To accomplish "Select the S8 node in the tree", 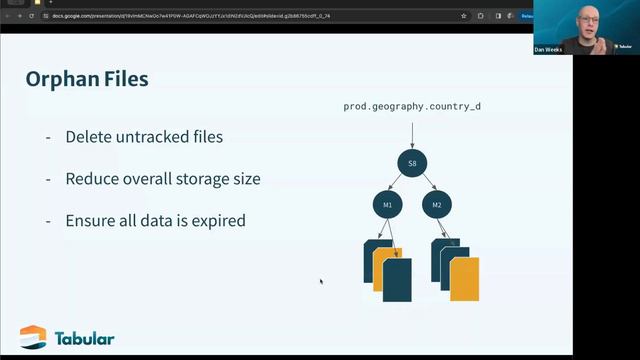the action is [x=412, y=163].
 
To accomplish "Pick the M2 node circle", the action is [x=437, y=205].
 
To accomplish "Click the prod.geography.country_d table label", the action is [x=412, y=106].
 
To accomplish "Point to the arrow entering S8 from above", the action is [x=412, y=133].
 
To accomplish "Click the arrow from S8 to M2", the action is [x=426, y=185].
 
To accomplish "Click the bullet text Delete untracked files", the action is [x=144, y=137].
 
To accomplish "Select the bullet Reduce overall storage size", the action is [x=163, y=179].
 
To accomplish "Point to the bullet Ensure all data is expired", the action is [x=155, y=220].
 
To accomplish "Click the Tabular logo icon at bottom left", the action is [x=33, y=338].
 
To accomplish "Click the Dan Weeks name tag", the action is [x=549, y=49].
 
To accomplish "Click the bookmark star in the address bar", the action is [x=464, y=16].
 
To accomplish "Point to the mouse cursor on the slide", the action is [x=321, y=281].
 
